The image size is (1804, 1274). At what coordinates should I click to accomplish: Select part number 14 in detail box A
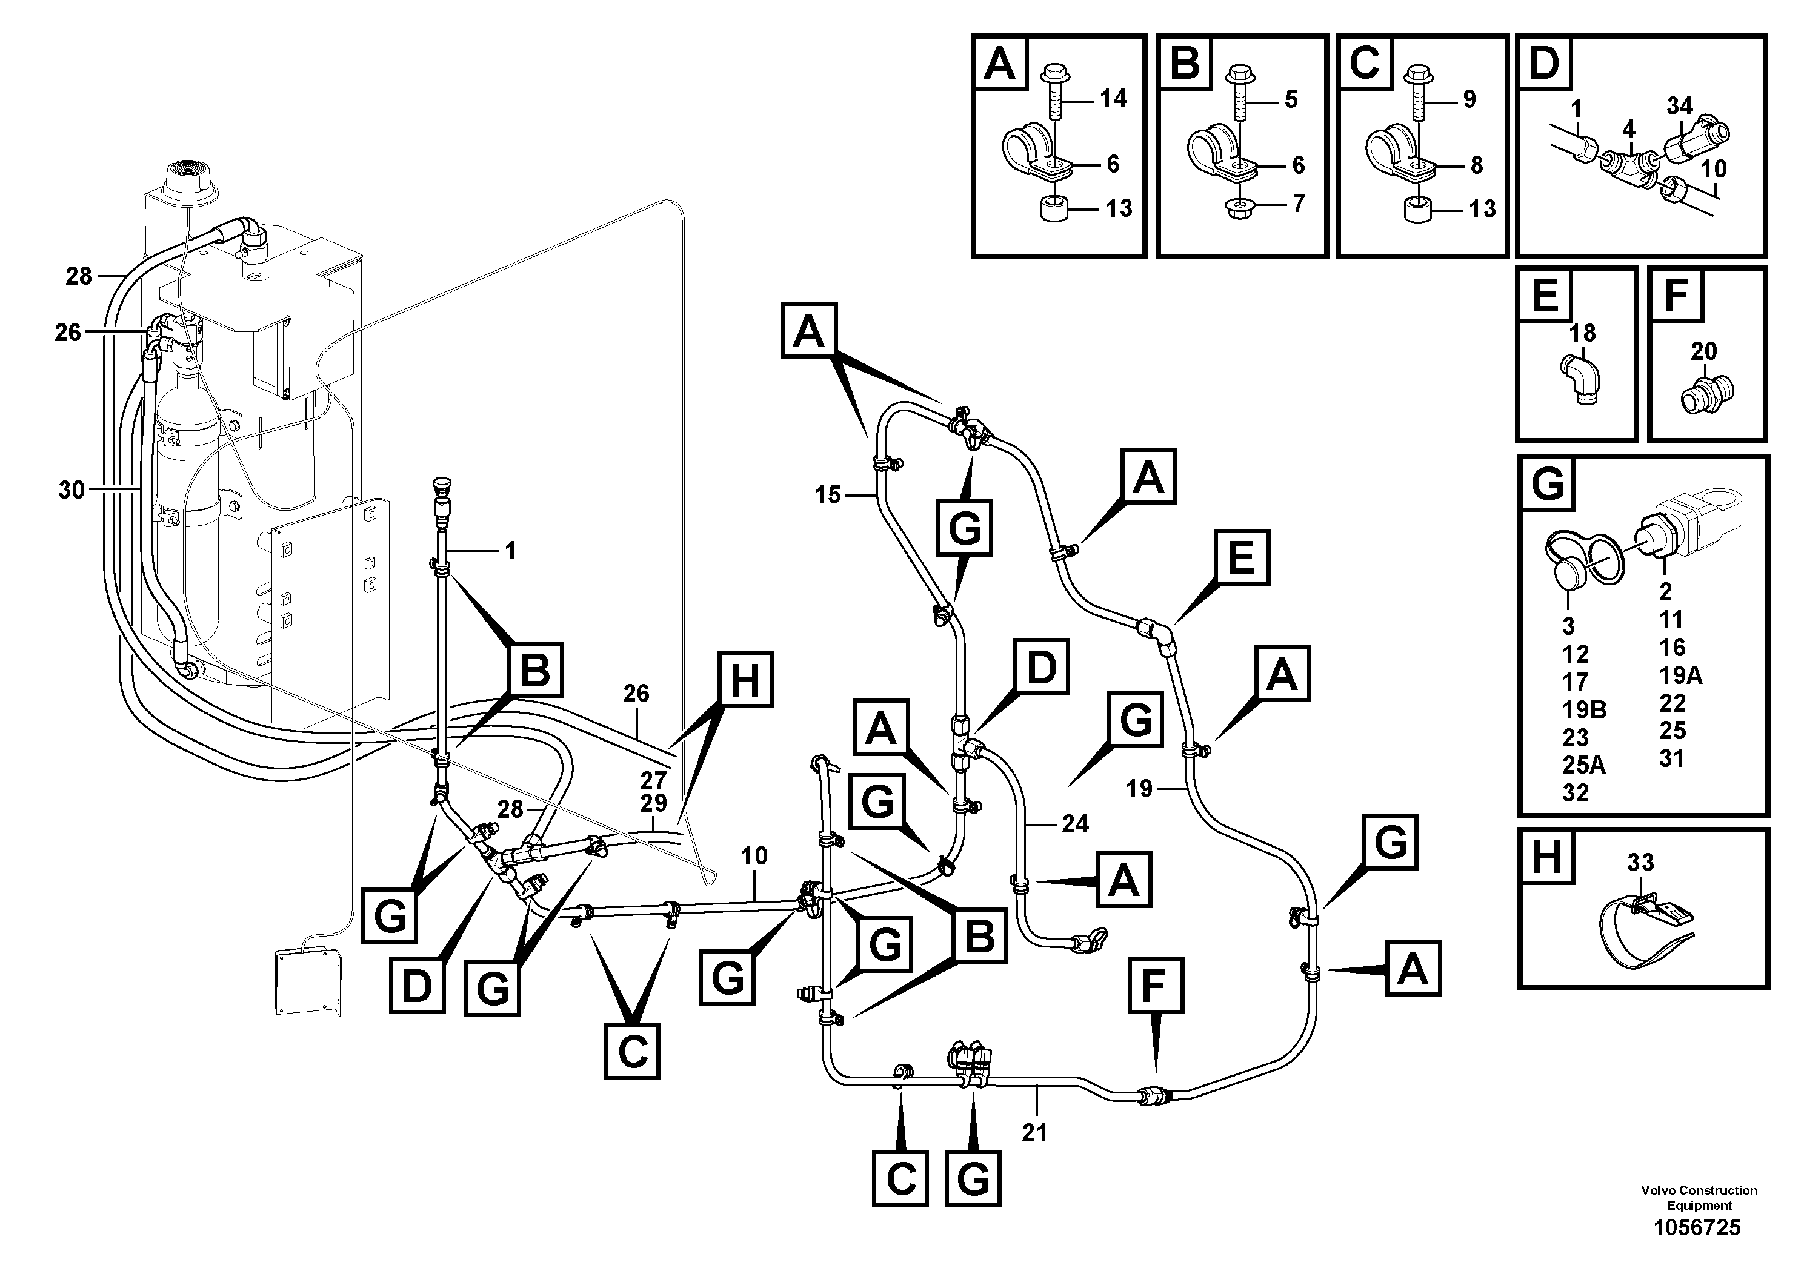[x=1113, y=98]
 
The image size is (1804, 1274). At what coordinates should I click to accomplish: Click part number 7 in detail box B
[x=1298, y=204]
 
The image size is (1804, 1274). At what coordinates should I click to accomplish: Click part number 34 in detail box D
[x=1680, y=105]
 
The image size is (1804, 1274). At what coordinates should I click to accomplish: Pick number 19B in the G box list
[x=1584, y=709]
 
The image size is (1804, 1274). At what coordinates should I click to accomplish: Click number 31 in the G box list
[x=1671, y=758]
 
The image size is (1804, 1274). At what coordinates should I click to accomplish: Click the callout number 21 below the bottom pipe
[x=1035, y=1133]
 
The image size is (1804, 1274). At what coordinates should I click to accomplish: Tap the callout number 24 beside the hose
[x=1075, y=823]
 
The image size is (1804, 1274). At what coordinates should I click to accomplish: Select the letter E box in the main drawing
[x=1242, y=558]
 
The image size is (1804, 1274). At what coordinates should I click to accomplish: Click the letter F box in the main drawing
[x=1155, y=984]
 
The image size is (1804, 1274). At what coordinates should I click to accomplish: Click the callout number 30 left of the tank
[x=72, y=490]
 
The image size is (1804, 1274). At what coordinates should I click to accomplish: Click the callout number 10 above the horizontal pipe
[x=754, y=855]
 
